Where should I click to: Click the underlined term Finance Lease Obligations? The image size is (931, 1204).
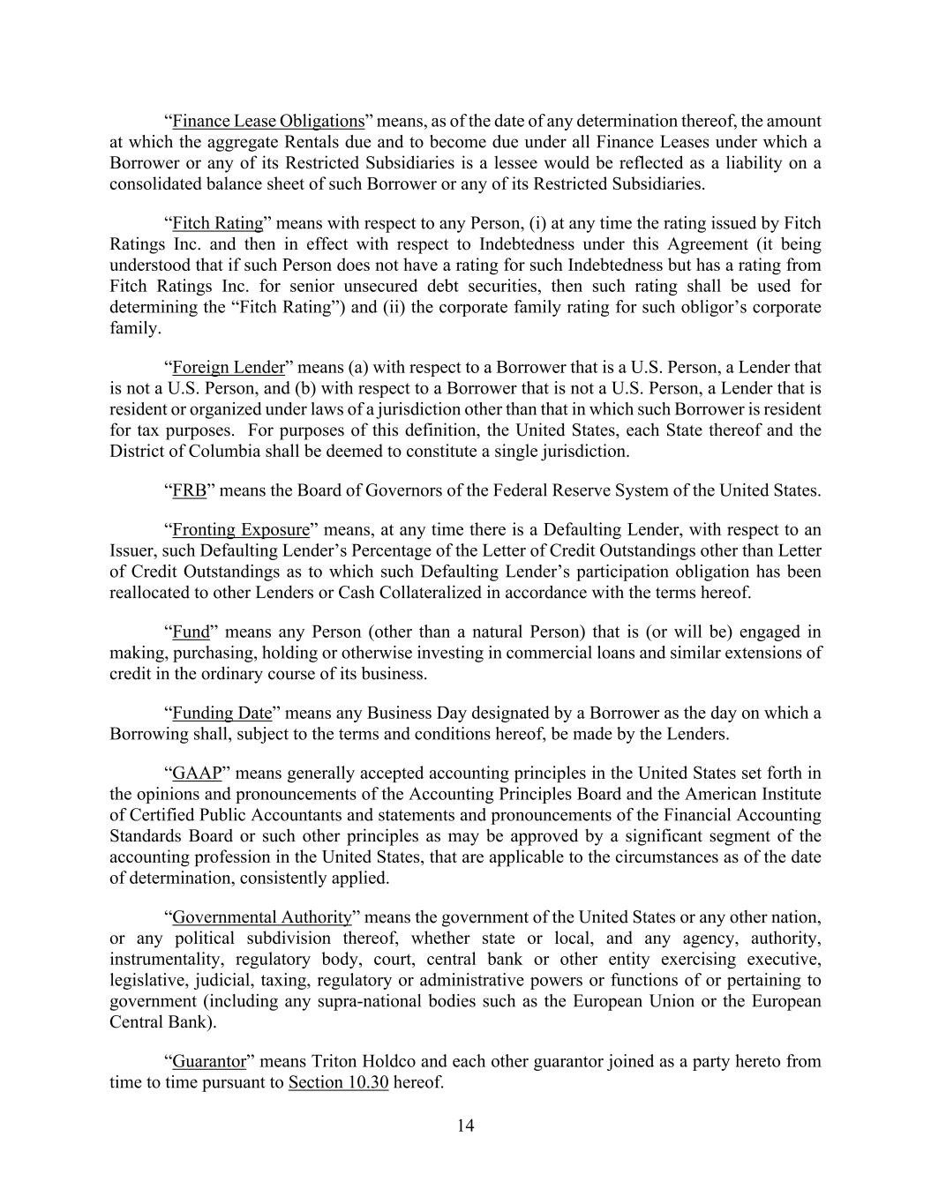268,121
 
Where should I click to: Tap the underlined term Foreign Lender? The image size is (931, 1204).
229,367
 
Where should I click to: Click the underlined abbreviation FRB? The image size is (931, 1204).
189,490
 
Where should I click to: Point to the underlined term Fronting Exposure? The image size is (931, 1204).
241,529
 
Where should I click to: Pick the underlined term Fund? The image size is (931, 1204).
191,632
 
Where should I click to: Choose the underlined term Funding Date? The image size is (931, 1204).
221,713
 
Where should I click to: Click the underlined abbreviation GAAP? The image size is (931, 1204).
196,774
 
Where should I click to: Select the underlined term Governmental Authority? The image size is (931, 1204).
262,917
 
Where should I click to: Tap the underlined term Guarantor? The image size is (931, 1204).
208,1061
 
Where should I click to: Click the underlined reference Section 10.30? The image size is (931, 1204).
338,1082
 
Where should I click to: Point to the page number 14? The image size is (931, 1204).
465,1125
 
